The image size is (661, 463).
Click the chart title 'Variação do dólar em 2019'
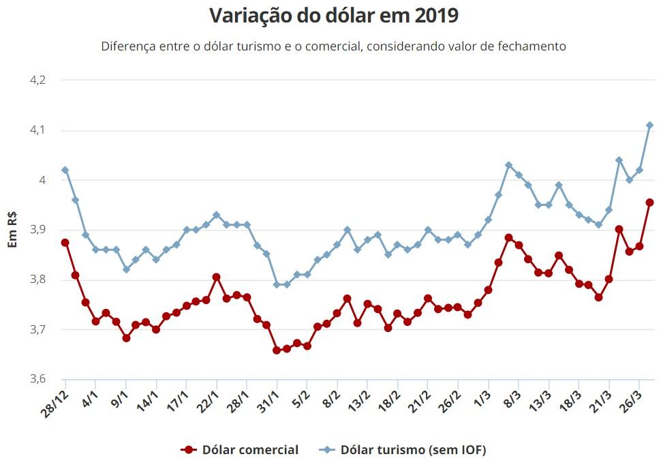(x=334, y=16)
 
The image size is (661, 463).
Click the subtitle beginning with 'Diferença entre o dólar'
(x=334, y=46)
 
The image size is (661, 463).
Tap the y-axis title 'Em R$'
(x=12, y=230)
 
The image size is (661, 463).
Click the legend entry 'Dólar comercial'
(x=240, y=449)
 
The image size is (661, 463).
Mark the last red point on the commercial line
(x=649, y=203)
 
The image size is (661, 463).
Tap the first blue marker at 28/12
(x=65, y=170)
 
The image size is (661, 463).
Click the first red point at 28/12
(x=65, y=243)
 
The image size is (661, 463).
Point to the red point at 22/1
(x=216, y=277)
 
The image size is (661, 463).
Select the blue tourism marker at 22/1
(x=216, y=215)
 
